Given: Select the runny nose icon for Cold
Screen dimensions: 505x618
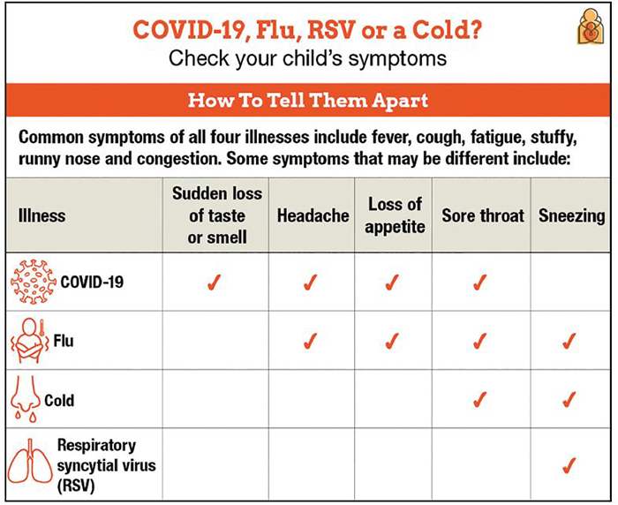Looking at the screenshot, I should pyautogui.click(x=26, y=399).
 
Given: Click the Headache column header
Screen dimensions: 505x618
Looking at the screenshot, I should pyautogui.click(x=313, y=215).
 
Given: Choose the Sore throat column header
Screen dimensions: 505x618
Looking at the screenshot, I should pyautogui.click(x=482, y=215).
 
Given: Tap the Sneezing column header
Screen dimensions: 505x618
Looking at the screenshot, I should pyautogui.click(x=571, y=215).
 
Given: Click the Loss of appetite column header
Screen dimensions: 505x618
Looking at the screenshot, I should pyautogui.click(x=396, y=215).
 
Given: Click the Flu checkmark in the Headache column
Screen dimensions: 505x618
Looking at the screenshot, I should pyautogui.click(x=310, y=341).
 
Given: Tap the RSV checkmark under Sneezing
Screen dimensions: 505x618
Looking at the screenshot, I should pyautogui.click(x=569, y=464).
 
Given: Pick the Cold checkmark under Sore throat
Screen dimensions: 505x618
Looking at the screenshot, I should pyautogui.click(x=480, y=399).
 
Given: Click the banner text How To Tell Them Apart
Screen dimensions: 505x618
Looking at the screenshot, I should pyautogui.click(x=308, y=100).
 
